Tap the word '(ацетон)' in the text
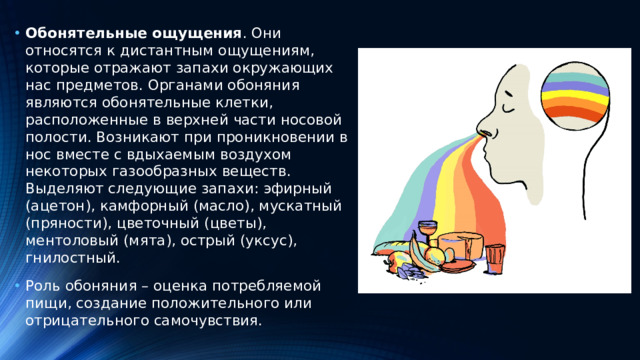[x=58, y=205]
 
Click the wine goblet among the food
[x=430, y=235]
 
